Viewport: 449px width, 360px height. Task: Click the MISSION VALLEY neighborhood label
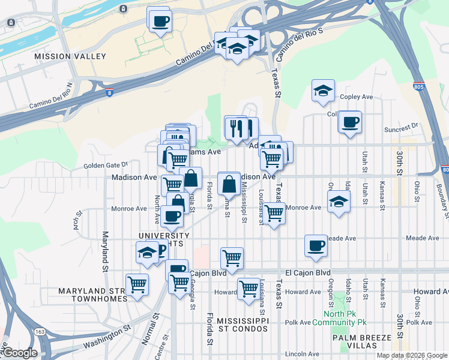point(70,56)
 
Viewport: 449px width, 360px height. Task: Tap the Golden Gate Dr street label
point(106,164)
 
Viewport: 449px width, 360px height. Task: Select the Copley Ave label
point(357,97)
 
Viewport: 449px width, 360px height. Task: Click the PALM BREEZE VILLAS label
point(363,343)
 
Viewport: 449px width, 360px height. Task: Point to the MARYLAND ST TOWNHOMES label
point(91,296)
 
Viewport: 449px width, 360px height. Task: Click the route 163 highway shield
point(40,331)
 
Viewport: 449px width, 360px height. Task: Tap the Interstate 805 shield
point(419,86)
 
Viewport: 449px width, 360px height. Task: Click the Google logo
point(19,353)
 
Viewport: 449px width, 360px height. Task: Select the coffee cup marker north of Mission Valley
point(159,22)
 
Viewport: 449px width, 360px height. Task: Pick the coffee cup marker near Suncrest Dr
point(349,122)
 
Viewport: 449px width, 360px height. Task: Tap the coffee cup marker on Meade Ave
point(316,245)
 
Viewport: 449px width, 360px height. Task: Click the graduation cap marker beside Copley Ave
point(324,91)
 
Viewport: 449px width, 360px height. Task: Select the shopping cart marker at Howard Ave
point(249,288)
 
